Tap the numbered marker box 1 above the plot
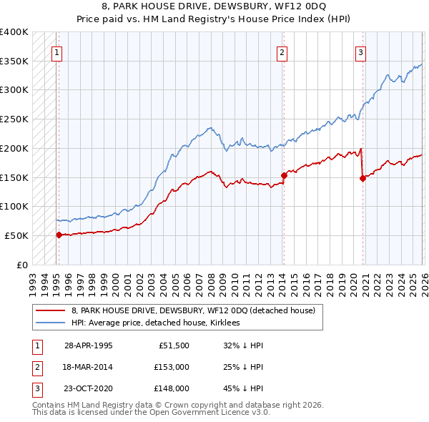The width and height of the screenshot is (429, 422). click(x=56, y=51)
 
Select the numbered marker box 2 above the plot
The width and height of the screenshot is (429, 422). click(x=282, y=51)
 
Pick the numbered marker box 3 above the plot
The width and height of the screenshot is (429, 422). click(x=360, y=51)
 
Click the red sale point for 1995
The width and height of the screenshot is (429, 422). click(x=59, y=234)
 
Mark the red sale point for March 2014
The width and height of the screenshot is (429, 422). click(x=284, y=174)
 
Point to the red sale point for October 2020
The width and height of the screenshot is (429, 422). click(x=363, y=179)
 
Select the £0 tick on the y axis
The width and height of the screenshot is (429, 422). click(x=23, y=265)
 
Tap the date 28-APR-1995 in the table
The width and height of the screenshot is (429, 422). click(x=88, y=345)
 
